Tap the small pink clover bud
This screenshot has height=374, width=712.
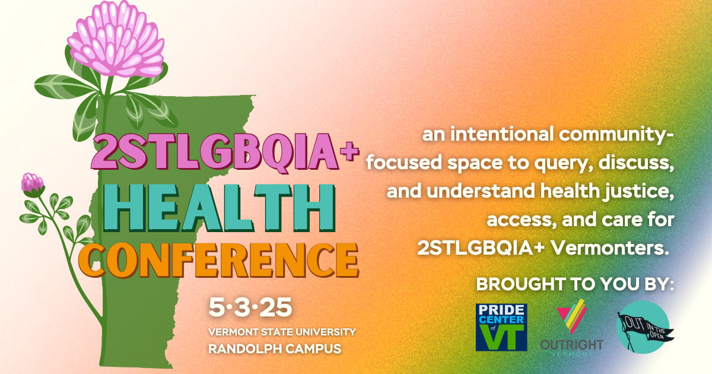[31, 185]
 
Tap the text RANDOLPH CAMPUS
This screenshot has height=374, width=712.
[275, 348]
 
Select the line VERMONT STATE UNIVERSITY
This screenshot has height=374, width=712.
[282, 331]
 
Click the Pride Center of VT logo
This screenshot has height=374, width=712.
[501, 326]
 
